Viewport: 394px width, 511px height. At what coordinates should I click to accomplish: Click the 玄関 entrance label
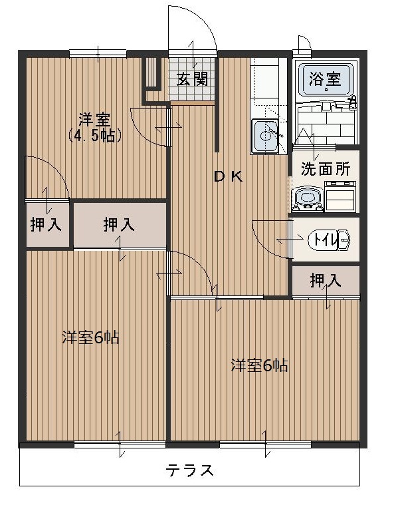click(x=193, y=79)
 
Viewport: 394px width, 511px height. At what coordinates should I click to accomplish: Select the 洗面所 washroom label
click(x=325, y=169)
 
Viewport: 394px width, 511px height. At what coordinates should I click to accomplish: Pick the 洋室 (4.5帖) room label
click(x=94, y=127)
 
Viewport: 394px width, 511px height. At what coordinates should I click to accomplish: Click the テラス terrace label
click(x=190, y=471)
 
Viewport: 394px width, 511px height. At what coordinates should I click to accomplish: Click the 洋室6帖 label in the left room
click(x=90, y=337)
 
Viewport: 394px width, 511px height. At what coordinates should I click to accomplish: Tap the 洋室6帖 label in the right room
click(x=259, y=365)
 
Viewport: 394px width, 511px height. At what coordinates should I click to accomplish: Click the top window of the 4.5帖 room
click(x=98, y=54)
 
